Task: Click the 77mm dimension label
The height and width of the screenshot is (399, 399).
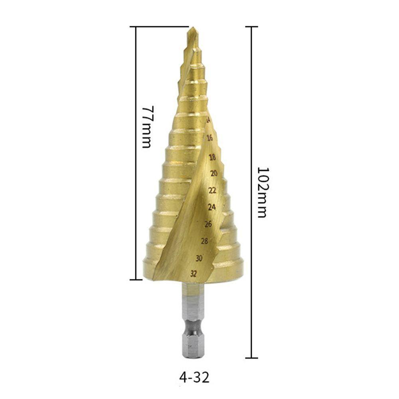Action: point(146,127)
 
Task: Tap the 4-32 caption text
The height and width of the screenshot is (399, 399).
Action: point(194,377)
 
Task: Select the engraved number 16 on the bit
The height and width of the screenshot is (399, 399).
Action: point(210,138)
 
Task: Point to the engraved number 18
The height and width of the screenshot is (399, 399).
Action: point(212,157)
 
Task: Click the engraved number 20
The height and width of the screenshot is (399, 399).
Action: point(214,173)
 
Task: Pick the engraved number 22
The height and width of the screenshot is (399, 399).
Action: point(213,190)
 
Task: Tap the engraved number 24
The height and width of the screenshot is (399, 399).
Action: point(212,207)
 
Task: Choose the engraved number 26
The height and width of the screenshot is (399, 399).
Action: point(208,224)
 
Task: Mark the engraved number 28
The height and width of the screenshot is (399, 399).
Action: point(204,241)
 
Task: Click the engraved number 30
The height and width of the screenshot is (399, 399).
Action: point(199,258)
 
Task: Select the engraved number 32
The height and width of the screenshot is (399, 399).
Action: point(194,273)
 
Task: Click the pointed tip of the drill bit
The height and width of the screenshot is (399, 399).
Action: point(192,29)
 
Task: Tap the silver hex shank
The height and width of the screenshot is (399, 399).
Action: point(192,319)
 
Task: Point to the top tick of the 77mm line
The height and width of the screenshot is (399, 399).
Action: point(136,27)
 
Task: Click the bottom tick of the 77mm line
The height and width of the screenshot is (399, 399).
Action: point(136,280)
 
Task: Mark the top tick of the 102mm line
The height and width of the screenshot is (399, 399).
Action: point(251,27)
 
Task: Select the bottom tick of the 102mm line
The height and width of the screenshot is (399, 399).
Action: point(251,358)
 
